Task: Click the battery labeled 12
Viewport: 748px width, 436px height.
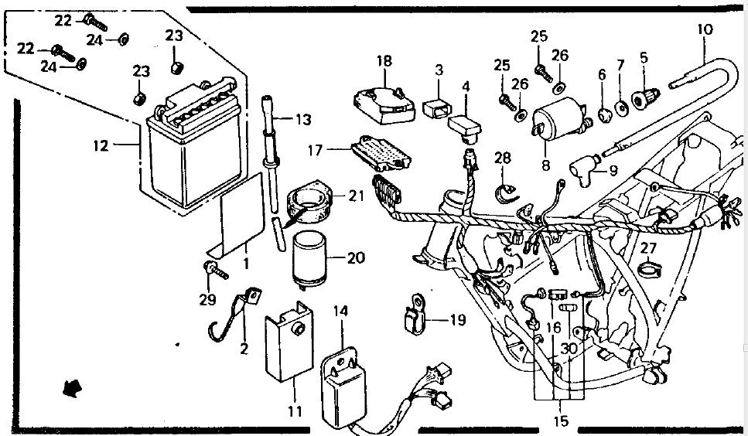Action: point(195,145)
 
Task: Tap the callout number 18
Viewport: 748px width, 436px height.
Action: point(384,61)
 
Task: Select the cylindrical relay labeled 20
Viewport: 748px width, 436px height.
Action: point(309,258)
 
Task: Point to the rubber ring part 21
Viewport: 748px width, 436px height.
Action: point(309,202)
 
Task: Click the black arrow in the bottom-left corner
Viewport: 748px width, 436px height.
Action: point(72,388)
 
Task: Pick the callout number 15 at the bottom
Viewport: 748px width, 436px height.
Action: point(562,421)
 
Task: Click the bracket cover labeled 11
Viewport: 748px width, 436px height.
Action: point(289,341)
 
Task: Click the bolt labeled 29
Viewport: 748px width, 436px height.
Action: point(216,270)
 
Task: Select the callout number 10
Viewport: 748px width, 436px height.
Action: point(705,29)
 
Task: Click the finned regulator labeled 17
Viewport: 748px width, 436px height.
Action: point(381,153)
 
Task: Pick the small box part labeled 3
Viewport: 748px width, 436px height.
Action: point(437,109)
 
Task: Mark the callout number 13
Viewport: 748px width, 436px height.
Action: point(303,119)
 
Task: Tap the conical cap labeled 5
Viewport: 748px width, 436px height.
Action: point(645,98)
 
